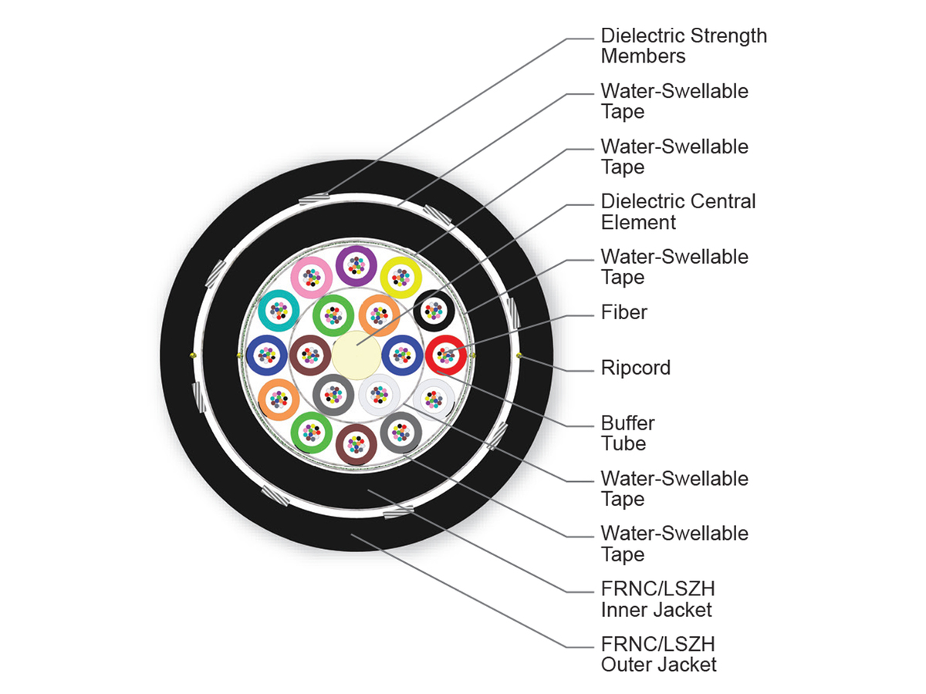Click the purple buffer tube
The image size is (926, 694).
[x=356, y=266]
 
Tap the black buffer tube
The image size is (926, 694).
[x=434, y=311]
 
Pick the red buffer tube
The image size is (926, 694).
[x=445, y=355]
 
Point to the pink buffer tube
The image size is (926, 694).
[x=311, y=278]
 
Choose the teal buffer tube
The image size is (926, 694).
[x=279, y=311]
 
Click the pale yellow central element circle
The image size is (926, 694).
[x=356, y=355]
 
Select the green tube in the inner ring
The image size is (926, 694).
[x=333, y=315]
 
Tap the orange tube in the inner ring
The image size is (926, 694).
[x=378, y=315]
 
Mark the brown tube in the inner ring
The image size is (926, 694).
[x=310, y=355]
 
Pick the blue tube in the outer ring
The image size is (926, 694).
[x=266, y=355]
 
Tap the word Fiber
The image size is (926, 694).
[x=624, y=312]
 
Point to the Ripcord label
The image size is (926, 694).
[x=636, y=368]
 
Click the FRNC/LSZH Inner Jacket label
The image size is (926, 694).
[x=657, y=599]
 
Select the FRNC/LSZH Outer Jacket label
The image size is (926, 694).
[x=659, y=654]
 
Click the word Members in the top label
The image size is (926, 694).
[x=643, y=56]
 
